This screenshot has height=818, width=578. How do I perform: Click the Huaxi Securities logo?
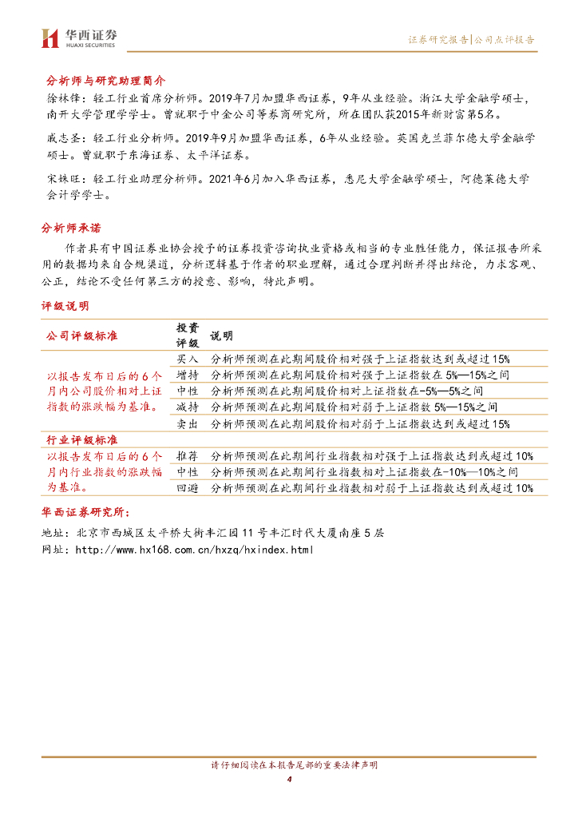pyautogui.click(x=78, y=38)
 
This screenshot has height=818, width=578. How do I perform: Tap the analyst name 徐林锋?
pyautogui.click(x=59, y=99)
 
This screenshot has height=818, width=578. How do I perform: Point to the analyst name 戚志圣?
pyautogui.click(x=59, y=139)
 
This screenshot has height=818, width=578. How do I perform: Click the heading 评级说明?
pyautogui.click(x=65, y=306)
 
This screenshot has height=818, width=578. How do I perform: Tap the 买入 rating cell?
pyautogui.click(x=187, y=359)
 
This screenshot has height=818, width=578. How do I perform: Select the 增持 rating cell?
pyautogui.click(x=187, y=375)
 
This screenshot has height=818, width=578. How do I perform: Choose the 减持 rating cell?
pyautogui.click(x=187, y=407)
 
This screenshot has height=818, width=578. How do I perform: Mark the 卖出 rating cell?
pyautogui.click(x=187, y=423)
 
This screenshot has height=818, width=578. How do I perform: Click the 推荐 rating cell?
pyautogui.click(x=187, y=456)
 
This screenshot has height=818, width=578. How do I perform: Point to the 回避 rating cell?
pyautogui.click(x=187, y=488)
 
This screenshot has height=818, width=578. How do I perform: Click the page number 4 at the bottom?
pyautogui.click(x=288, y=780)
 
